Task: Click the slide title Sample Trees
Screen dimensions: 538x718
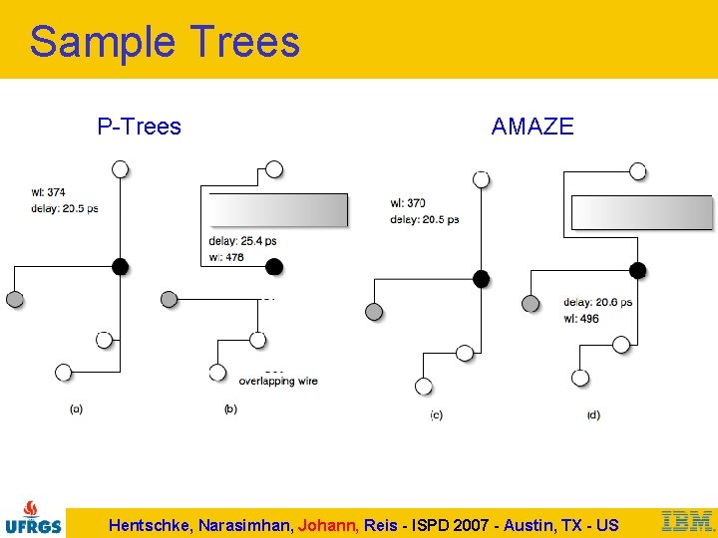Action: pos(165,42)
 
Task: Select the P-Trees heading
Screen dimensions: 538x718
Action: pos(139,127)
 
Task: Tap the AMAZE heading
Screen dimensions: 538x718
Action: pos(533,127)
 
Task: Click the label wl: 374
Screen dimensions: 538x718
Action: pos(48,193)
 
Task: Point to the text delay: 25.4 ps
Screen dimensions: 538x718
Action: pos(242,241)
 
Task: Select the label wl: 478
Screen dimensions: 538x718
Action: pos(226,257)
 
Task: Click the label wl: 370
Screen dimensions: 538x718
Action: pos(408,203)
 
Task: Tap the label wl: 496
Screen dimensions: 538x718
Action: pos(581,319)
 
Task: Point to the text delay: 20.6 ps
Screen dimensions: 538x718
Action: pos(597,303)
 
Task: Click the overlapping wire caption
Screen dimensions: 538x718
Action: pos(278,382)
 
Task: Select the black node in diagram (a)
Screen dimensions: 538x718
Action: pos(120,266)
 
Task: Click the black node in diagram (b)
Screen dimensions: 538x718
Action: pos(274,266)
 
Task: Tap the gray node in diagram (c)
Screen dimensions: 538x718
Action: pos(374,313)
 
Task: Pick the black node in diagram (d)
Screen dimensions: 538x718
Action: pos(638,270)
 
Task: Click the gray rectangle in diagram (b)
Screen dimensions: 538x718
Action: pos(278,210)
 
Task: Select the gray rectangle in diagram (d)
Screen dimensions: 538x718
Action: pos(641,213)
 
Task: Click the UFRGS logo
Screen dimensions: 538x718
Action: pos(33,517)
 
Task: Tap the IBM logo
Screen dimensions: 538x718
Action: pos(687,521)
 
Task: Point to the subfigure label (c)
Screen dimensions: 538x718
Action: pos(436,415)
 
